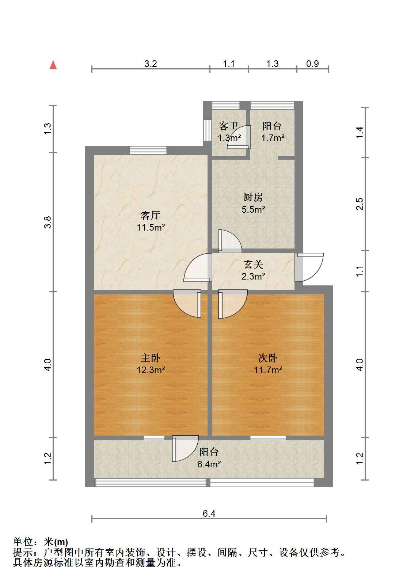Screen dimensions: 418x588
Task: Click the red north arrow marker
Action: click(53, 65)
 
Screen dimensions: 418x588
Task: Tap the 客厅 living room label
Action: click(150, 215)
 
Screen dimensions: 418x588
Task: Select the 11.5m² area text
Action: click(151, 227)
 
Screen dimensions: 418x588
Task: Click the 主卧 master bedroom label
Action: click(150, 358)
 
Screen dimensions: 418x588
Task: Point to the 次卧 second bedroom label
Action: click(268, 358)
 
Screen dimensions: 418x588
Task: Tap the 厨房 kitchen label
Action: click(253, 197)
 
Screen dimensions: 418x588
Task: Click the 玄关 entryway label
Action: click(253, 264)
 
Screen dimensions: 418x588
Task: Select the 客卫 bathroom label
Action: click(228, 126)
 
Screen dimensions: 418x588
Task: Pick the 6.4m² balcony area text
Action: click(209, 464)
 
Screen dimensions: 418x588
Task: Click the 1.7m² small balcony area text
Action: click(273, 138)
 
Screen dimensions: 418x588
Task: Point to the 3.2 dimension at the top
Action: click(151, 64)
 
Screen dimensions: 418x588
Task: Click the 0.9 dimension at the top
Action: click(312, 64)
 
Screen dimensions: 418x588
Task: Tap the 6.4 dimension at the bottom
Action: click(209, 513)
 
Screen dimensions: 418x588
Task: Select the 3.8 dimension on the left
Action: click(47, 222)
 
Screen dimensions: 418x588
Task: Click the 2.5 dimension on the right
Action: click(360, 204)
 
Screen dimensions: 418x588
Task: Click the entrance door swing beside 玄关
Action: click(309, 267)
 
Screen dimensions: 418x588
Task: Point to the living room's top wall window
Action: click(148, 150)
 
